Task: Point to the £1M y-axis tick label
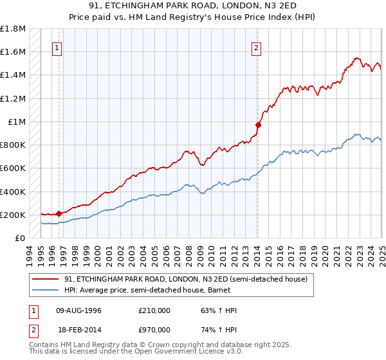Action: [x=17, y=122]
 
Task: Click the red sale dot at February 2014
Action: [x=257, y=125]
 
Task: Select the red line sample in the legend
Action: [x=46, y=280]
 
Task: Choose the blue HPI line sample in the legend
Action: [x=46, y=290]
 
